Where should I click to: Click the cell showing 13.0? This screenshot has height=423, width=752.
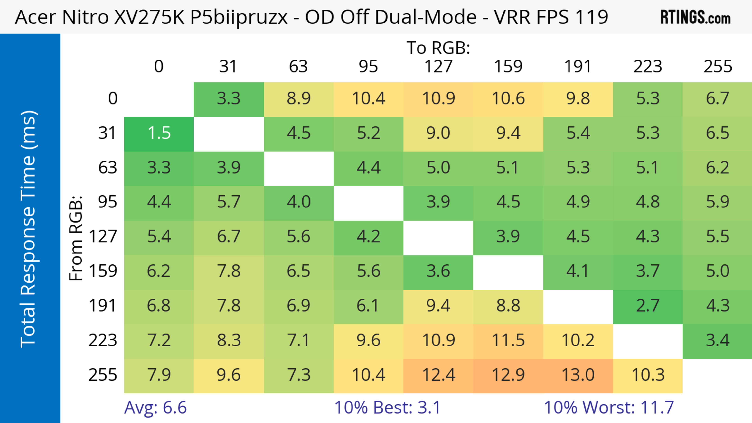[x=578, y=375]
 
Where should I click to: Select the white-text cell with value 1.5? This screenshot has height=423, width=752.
[x=159, y=133]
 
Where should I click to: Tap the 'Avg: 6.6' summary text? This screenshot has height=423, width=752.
[x=155, y=407]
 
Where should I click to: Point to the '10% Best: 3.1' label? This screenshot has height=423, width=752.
[x=387, y=407]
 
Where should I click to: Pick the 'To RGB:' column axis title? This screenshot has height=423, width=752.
[x=438, y=48]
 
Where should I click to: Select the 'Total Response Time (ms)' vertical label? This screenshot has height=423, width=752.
[x=29, y=229]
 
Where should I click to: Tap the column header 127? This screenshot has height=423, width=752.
[x=438, y=67]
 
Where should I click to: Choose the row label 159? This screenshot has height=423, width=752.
[x=103, y=271]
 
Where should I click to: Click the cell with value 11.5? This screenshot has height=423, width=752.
[x=508, y=340]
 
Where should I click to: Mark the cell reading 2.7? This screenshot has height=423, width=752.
[x=648, y=306]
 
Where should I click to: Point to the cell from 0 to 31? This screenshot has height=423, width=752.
[x=229, y=99]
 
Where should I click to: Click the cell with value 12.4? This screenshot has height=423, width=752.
[x=438, y=375]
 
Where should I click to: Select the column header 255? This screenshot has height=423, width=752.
[x=718, y=67]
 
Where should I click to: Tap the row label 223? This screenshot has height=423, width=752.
[x=103, y=340]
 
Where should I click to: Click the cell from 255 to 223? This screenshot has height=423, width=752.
[x=648, y=375]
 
